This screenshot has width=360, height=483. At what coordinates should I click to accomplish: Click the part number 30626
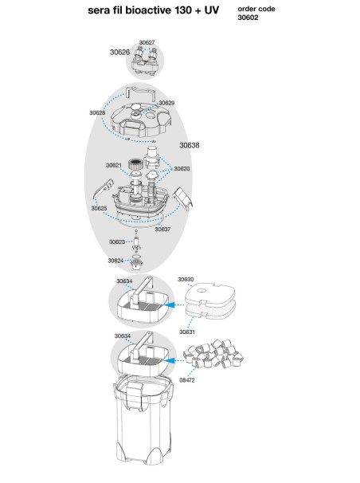click(119, 52)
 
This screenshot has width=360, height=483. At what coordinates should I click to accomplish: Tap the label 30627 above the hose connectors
click(147, 42)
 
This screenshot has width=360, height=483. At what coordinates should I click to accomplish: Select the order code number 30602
click(248, 18)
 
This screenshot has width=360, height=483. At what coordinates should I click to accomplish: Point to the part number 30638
click(190, 145)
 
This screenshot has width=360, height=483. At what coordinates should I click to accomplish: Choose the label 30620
click(182, 168)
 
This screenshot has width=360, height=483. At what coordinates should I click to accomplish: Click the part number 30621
click(114, 165)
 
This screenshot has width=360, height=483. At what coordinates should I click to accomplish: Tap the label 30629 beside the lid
click(166, 103)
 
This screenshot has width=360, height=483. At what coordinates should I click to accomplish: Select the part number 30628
click(97, 112)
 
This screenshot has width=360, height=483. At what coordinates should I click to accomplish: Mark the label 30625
click(99, 208)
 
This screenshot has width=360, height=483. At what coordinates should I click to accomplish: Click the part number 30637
click(162, 230)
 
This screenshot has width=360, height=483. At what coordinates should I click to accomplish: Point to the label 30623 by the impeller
click(117, 241)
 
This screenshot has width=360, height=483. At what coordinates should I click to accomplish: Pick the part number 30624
click(115, 261)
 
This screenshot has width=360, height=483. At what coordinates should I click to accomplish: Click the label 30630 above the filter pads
click(186, 280)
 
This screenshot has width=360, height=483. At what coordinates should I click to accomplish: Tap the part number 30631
click(187, 332)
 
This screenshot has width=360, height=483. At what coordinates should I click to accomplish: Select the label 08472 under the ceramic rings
click(187, 380)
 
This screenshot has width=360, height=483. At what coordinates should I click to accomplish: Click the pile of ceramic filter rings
click(213, 354)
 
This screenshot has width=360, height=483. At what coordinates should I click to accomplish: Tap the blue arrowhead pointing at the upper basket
click(170, 305)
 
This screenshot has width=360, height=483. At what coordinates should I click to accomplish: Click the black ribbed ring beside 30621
click(135, 163)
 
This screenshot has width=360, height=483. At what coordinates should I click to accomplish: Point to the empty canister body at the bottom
click(143, 422)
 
